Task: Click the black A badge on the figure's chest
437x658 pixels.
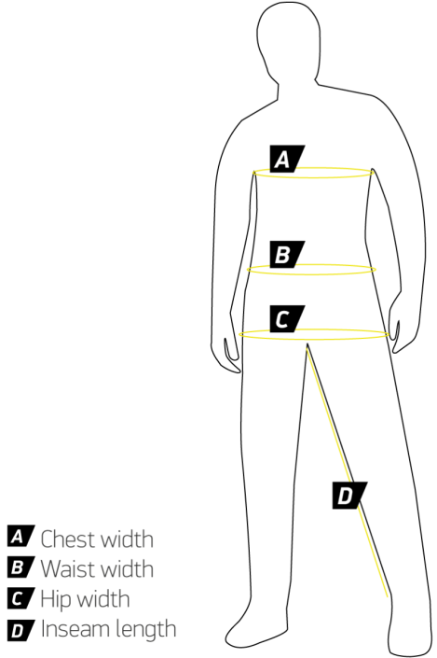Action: click(287, 159)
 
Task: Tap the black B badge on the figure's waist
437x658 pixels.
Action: click(287, 254)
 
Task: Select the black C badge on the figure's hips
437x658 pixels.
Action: click(287, 319)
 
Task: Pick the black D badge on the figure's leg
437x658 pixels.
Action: click(349, 496)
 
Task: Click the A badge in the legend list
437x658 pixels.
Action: click(20, 536)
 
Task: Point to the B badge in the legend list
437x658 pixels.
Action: click(20, 567)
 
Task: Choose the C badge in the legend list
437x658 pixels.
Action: click(20, 598)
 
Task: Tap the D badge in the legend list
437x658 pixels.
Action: click(20, 630)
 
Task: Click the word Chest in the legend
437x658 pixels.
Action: click(68, 539)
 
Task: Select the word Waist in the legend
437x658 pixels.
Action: click(67, 569)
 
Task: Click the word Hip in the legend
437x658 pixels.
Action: click(56, 600)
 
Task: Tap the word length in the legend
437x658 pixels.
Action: click(145, 631)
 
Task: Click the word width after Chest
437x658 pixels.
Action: click(127, 539)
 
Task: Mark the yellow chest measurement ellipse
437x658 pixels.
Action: click(313, 178)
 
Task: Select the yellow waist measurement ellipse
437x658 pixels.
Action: click(311, 274)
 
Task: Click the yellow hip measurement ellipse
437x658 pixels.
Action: click(314, 340)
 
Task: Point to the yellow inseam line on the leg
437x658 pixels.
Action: click(347, 472)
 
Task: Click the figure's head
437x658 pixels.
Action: click(289, 40)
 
